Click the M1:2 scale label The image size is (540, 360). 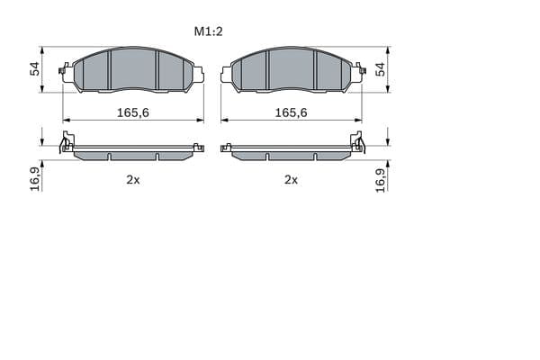pos(209,31)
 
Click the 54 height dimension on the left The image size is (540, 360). pos(35,69)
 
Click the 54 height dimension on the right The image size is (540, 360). pos(380,69)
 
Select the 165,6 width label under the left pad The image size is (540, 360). pos(133,112)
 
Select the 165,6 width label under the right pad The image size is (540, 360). pos(291,112)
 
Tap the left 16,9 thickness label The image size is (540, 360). pos(35,179)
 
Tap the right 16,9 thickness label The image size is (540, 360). pos(380,181)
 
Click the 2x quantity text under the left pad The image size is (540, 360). pos(133,179)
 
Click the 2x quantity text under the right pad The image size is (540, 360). pos(291,179)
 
